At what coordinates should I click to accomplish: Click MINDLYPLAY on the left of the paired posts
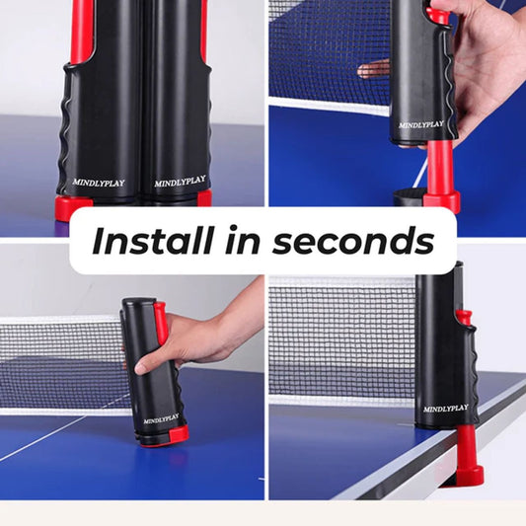pyautogui.click(x=99, y=182)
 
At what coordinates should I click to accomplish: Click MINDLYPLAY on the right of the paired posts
pyautogui.click(x=180, y=182)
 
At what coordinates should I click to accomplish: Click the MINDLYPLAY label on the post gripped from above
pyautogui.click(x=421, y=124)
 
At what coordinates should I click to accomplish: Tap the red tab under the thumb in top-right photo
pyautogui.click(x=437, y=16)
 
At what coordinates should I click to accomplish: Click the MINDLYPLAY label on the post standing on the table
pyautogui.click(x=161, y=419)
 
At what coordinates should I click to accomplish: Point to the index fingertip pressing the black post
pyautogui.click(x=143, y=367)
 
